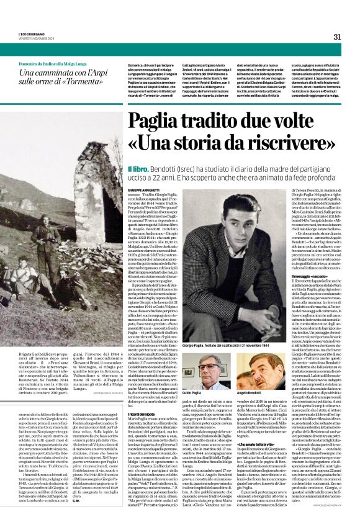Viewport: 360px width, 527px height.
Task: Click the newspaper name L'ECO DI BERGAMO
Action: click(x=29, y=34)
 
